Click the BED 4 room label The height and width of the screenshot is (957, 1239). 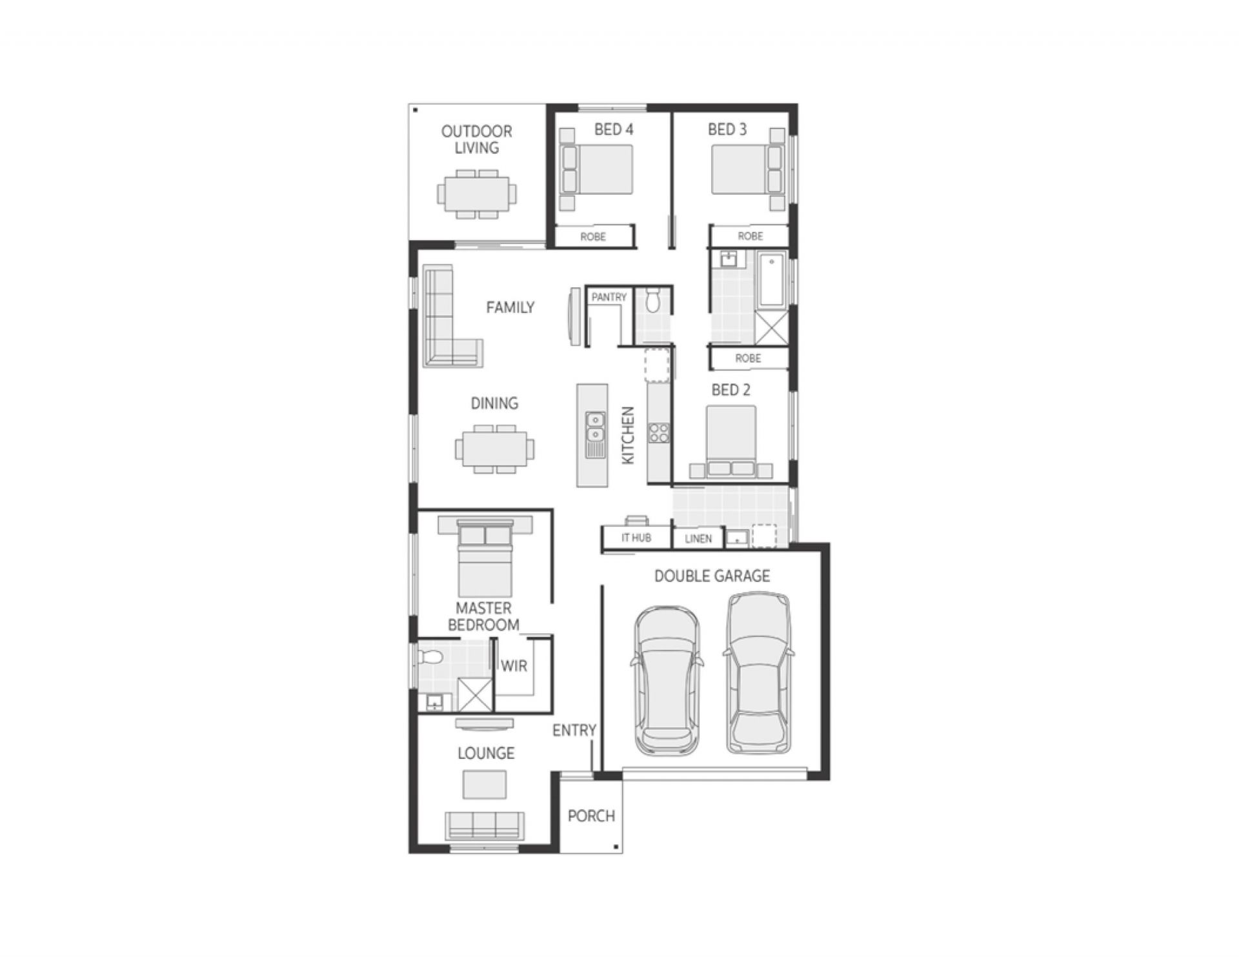[613, 130]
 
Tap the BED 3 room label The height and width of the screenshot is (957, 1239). [727, 130]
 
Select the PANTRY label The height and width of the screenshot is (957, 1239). [609, 297]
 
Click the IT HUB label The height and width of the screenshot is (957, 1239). [636, 538]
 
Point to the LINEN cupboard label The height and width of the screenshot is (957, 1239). [698, 539]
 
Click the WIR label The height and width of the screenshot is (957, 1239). [514, 666]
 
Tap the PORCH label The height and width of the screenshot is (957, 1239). [591, 816]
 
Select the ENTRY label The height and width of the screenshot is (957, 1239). [574, 730]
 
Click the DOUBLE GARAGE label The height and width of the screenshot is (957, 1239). [712, 576]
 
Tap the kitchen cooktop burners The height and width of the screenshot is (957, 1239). [659, 433]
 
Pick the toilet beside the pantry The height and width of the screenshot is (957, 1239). [652, 301]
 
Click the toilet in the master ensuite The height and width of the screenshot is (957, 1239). [430, 658]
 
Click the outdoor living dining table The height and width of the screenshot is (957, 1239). [477, 194]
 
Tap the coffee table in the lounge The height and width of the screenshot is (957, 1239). [484, 784]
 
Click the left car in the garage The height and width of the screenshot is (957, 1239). [667, 680]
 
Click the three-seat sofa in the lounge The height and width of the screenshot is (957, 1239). [484, 825]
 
